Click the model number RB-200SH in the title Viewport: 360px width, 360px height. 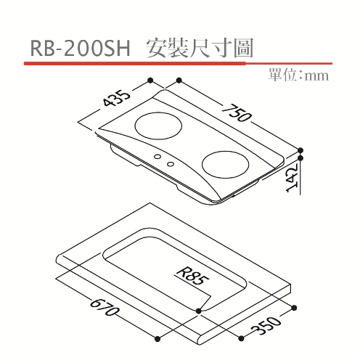click(80, 49)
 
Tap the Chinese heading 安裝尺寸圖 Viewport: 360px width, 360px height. click(200, 48)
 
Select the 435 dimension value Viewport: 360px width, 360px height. click(117, 98)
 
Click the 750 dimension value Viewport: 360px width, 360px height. click(236, 112)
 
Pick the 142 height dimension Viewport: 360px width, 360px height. click(292, 178)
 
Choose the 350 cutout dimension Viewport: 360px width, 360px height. click(266, 326)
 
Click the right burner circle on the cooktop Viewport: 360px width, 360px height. click(225, 165)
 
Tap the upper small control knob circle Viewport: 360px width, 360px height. click(157, 157)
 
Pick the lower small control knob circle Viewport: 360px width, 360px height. click(171, 164)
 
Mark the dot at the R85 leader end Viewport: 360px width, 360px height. click(199, 311)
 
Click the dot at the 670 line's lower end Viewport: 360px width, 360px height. click(157, 338)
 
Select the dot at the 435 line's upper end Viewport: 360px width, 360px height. click(150, 80)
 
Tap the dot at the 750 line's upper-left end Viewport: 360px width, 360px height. click(179, 80)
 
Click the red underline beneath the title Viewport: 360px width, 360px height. click(178, 63)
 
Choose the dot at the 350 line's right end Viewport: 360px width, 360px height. click(294, 308)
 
